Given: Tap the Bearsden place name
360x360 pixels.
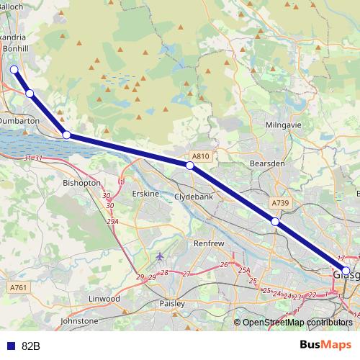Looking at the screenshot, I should coord(268,163).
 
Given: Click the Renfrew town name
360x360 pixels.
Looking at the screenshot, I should coord(210,244).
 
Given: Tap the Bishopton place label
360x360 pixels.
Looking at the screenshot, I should coord(81,184).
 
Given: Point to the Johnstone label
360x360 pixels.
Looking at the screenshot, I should coord(78,320).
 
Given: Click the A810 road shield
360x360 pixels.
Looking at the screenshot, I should coord(200,156).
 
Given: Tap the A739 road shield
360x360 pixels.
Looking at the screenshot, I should coord(281,204).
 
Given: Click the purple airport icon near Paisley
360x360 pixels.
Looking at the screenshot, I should coord(159,257).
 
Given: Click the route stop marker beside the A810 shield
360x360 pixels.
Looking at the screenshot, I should coord(190,166).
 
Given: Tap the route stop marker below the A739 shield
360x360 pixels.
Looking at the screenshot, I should coord(275,222).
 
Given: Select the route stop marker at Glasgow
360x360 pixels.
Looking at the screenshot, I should coord(346,271).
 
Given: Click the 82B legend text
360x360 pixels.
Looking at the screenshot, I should coord(31,346).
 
